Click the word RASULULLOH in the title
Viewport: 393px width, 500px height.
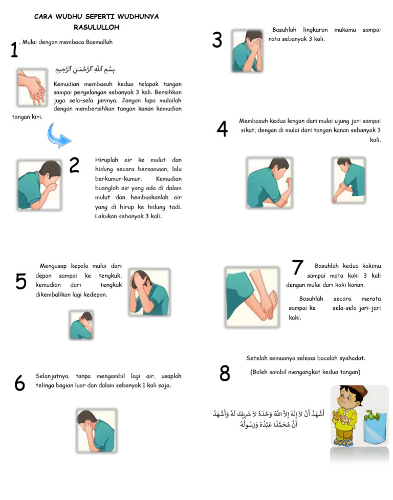[x=96, y=27]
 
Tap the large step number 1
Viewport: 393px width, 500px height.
[x=14, y=51]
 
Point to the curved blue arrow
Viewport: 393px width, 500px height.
[x=58, y=136]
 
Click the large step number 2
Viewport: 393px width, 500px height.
[x=74, y=165]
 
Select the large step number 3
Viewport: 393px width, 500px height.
[x=217, y=40]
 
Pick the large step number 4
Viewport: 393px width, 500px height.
[x=222, y=129]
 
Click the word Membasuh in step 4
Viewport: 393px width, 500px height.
[x=255, y=121]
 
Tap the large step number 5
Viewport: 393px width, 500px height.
[x=21, y=281]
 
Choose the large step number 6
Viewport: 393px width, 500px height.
[x=19, y=383]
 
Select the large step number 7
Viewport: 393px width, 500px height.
[x=297, y=267]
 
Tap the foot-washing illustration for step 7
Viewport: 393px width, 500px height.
[x=252, y=297]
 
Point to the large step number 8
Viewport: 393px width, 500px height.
[x=225, y=374]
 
